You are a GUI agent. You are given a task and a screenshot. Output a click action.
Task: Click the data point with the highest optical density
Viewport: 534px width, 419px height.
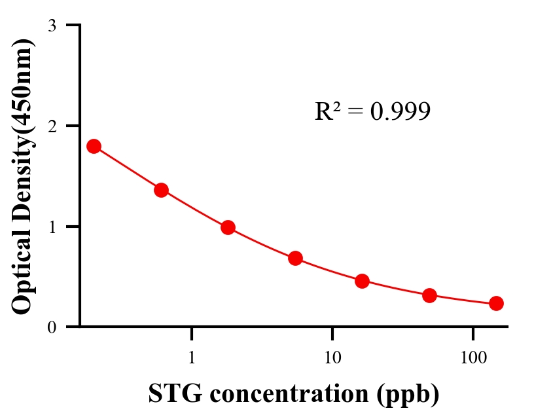[94, 146]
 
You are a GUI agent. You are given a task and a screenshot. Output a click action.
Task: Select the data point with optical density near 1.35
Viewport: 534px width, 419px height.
[161, 191]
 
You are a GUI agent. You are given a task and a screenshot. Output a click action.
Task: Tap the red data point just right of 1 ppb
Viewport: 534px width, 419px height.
[228, 228]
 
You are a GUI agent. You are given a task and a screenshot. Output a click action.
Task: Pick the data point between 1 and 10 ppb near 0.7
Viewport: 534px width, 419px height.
[295, 258]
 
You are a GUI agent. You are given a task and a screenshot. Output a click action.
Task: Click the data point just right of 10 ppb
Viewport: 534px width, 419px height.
[362, 282]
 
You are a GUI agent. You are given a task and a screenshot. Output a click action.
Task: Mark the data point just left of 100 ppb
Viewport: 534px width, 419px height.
[429, 295]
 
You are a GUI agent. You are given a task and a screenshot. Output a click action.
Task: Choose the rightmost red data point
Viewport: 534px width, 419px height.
[496, 303]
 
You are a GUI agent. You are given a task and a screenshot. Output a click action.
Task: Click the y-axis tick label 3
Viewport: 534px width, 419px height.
[52, 26]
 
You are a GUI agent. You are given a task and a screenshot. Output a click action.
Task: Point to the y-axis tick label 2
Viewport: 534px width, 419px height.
[52, 126]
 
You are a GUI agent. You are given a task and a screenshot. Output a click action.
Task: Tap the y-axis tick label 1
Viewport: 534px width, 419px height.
[52, 227]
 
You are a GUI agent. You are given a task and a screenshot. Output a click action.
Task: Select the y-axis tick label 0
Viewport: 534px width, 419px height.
[52, 327]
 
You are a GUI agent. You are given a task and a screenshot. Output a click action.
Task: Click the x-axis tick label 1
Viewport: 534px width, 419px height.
[192, 359]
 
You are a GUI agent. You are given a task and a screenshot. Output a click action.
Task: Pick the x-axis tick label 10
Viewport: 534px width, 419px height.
[332, 359]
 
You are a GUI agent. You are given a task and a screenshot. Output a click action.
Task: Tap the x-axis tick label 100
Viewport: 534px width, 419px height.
[472, 359]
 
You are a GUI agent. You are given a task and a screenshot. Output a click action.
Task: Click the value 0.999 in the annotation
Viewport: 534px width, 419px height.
[400, 112]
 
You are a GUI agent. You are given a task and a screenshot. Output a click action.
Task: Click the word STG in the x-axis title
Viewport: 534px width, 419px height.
[173, 394]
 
